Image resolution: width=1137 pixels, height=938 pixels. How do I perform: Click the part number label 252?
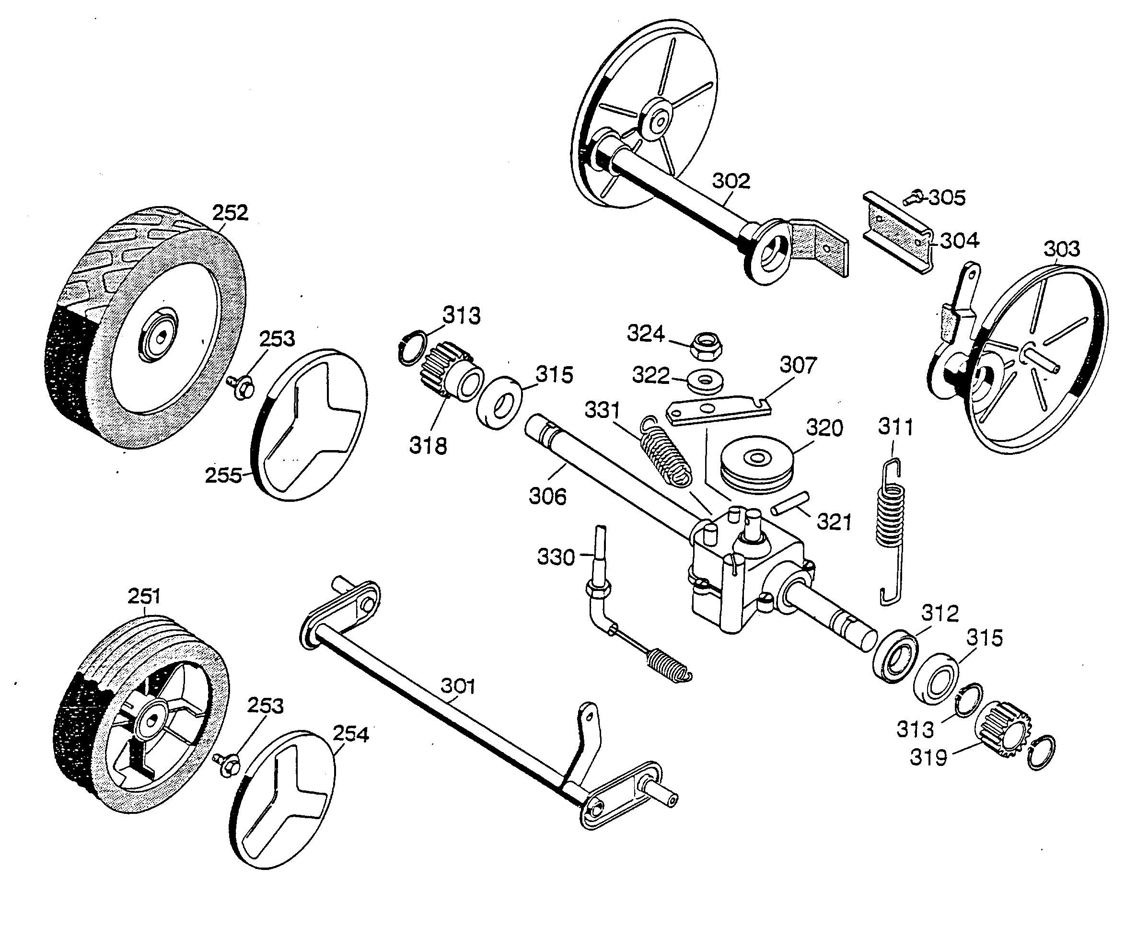point(230,213)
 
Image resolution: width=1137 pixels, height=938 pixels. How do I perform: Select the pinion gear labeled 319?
point(1002,730)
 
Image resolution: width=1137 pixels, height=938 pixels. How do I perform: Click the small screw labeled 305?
point(913,198)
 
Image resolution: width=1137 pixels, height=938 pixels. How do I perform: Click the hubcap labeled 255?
point(309,425)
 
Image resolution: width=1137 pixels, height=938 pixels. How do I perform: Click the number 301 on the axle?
point(458,686)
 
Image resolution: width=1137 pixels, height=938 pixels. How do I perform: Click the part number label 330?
point(556,557)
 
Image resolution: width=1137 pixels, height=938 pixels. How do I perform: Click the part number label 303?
point(1061,249)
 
